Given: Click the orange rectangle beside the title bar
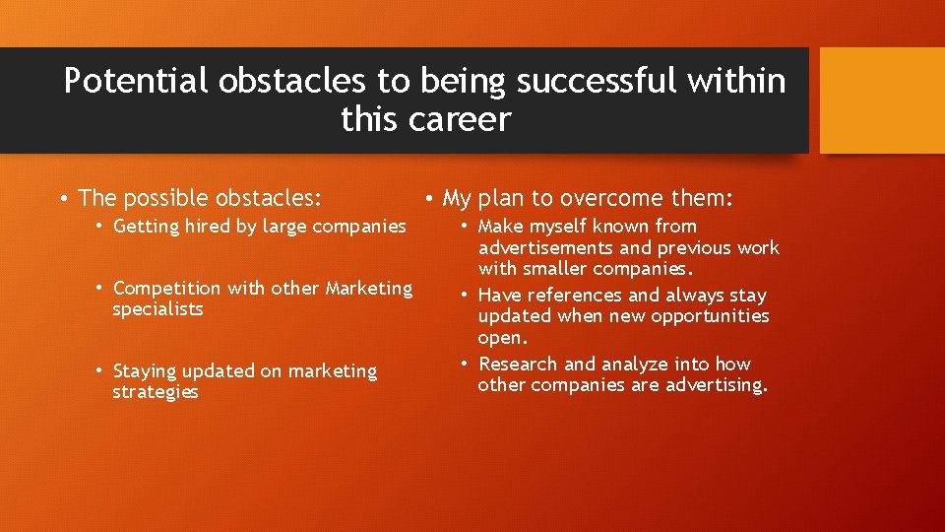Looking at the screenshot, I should click(x=882, y=100).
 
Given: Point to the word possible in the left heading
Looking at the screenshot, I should click(x=165, y=198).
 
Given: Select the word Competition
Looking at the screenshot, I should click(x=167, y=289).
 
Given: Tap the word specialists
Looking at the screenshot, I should click(x=157, y=309).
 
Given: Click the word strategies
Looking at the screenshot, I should click(x=156, y=392).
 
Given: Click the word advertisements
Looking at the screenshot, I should click(x=544, y=247).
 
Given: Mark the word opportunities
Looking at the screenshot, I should click(x=710, y=316).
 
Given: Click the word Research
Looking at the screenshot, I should click(x=516, y=365).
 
